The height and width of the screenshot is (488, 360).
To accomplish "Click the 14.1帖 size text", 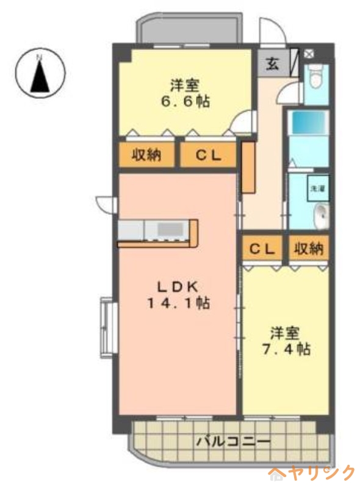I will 177,303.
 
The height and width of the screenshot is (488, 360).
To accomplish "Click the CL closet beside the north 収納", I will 207,155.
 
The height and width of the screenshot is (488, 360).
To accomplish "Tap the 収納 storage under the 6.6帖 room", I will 146,155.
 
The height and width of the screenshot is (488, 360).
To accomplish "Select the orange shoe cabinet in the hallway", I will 248,168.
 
